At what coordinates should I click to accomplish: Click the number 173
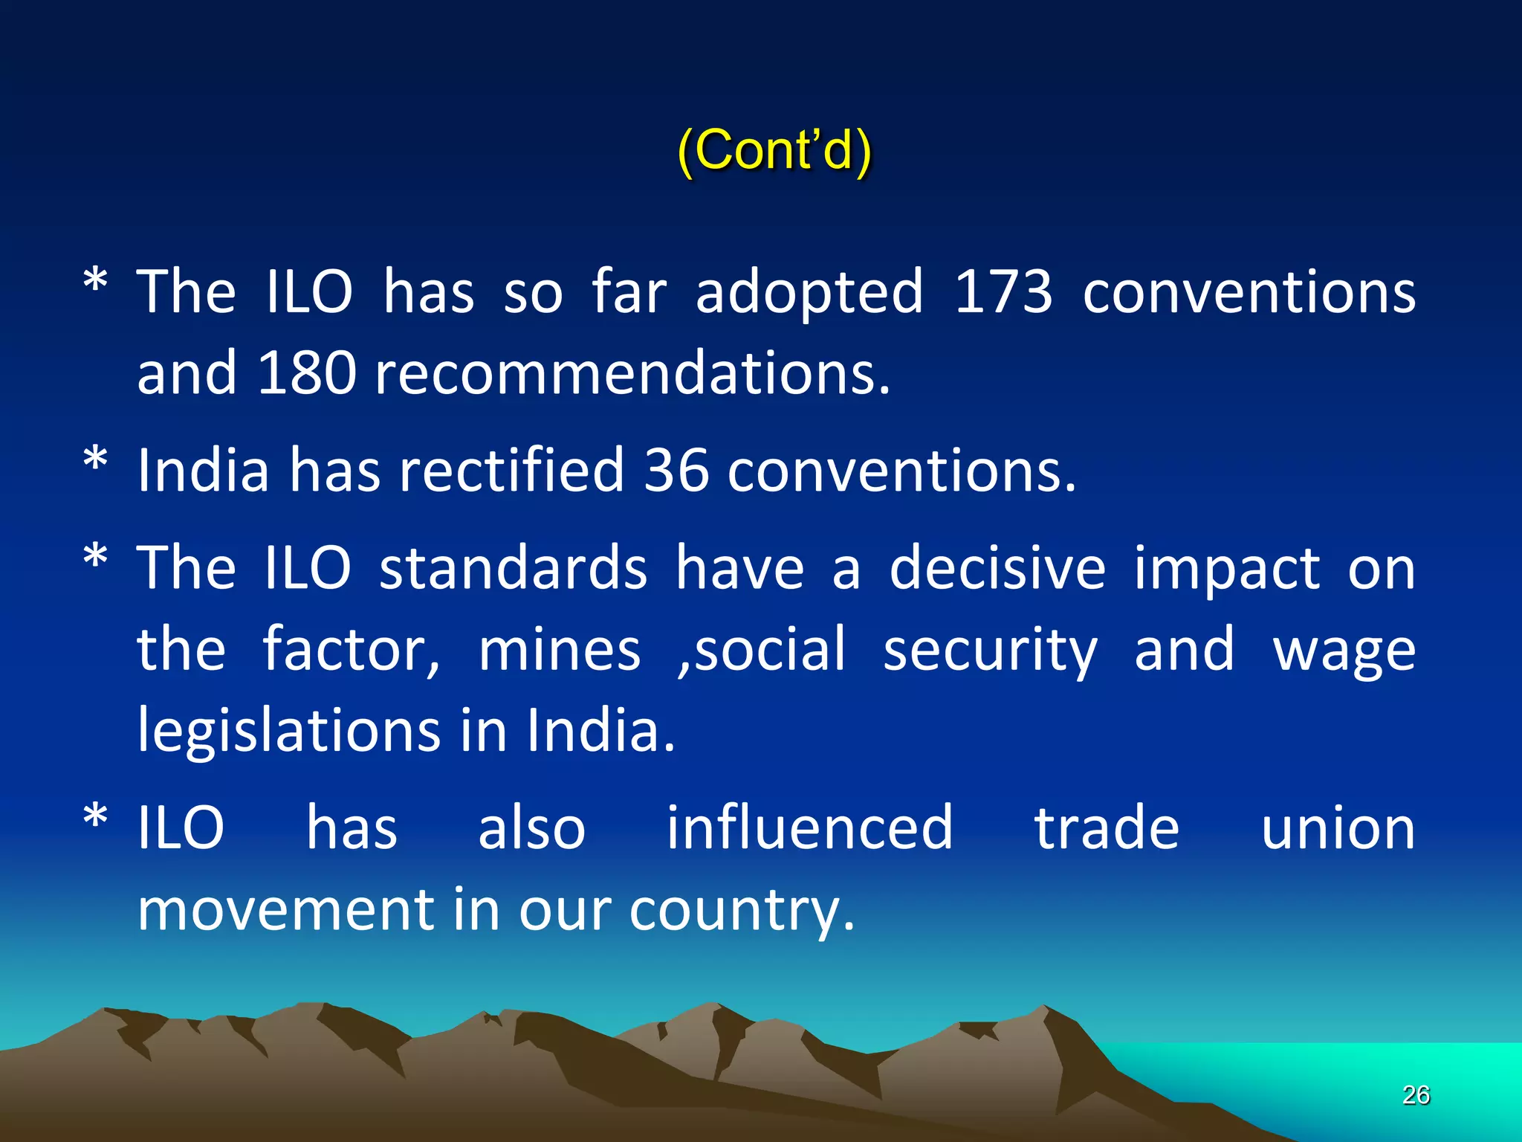coord(1003,291)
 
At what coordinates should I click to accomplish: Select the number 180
coord(306,372)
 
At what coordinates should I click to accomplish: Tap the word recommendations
coord(632,372)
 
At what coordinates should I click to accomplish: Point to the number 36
coord(676,470)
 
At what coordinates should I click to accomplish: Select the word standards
coord(513,568)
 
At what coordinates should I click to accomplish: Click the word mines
coord(559,650)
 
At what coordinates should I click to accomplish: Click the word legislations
coord(290,732)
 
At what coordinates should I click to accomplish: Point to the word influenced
coord(809,828)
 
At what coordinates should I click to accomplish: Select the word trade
coord(1107,828)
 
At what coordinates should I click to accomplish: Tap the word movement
coord(286,909)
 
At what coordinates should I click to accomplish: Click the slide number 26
coord(1416,1094)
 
